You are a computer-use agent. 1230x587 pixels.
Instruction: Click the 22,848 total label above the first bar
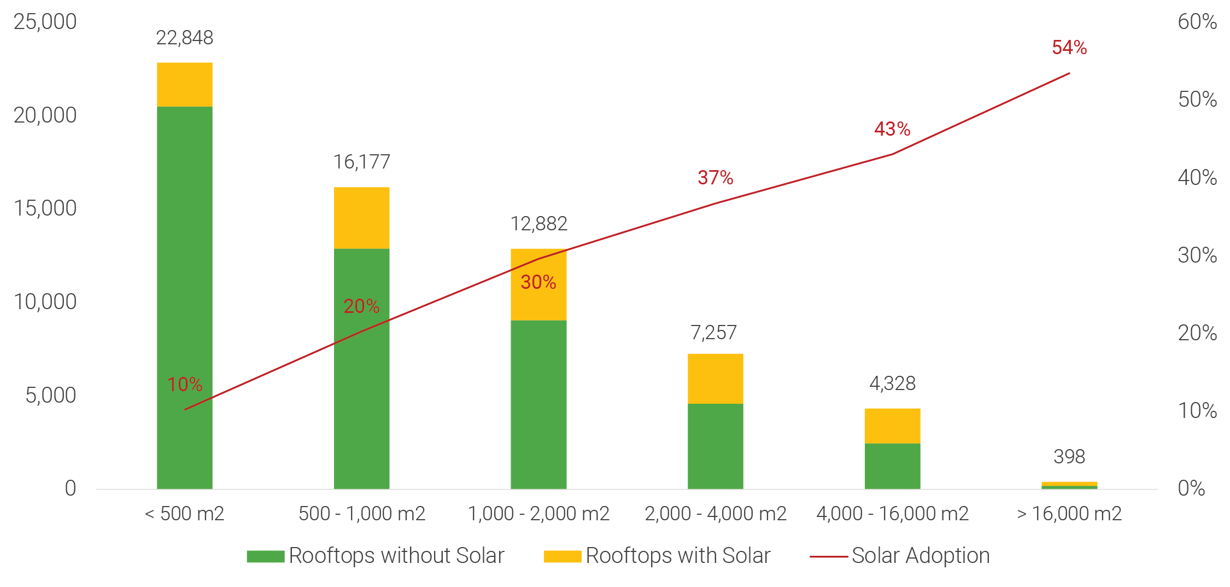[x=185, y=38]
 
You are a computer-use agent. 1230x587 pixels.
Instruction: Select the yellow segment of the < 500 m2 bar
[x=185, y=84]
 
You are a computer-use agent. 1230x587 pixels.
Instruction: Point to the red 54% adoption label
[x=1069, y=48]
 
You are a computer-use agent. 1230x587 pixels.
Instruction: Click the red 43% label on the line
[x=892, y=129]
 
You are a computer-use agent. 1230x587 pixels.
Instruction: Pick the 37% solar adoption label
[x=715, y=178]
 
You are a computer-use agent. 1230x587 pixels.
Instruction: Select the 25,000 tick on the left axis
[x=45, y=22]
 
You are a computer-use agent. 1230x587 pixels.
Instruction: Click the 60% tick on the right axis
[x=1197, y=22]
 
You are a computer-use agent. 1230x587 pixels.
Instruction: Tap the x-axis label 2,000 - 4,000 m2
[x=716, y=514]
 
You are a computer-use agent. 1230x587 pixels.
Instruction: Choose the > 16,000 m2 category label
[x=1069, y=514]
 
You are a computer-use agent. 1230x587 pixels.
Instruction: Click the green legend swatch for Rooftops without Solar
[x=265, y=556]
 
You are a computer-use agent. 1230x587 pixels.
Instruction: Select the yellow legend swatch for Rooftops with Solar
[x=562, y=556]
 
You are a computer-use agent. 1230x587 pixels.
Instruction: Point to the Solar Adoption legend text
[x=921, y=556]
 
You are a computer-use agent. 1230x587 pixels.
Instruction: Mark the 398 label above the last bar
[x=1069, y=456]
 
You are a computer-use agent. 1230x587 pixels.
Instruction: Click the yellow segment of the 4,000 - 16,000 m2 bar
[x=892, y=426]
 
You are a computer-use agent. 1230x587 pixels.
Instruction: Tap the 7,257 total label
[x=714, y=333]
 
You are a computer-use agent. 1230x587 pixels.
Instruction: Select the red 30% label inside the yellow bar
[x=538, y=282]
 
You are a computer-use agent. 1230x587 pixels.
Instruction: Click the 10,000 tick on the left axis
[x=45, y=302]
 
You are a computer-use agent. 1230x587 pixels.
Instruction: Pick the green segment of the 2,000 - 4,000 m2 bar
[x=715, y=446]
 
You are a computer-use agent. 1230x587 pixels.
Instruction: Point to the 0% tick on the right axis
[x=1192, y=489]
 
